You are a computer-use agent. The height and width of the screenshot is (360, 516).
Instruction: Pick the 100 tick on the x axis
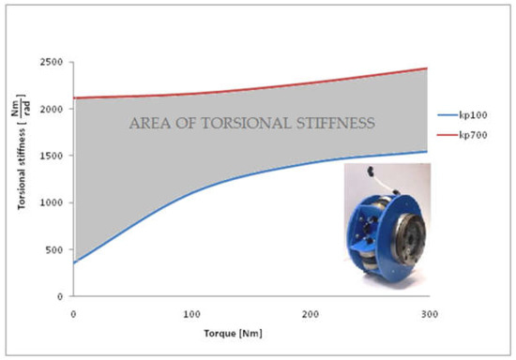pyautogui.click(x=191, y=310)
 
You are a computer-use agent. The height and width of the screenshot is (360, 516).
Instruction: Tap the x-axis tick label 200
pyautogui.click(x=310, y=310)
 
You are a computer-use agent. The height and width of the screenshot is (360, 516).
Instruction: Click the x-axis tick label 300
pyautogui.click(x=427, y=310)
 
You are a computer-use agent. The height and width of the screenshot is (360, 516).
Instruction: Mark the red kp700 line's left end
pyautogui.click(x=74, y=97)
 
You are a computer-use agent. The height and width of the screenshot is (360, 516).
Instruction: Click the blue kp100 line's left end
pyautogui.click(x=74, y=262)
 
